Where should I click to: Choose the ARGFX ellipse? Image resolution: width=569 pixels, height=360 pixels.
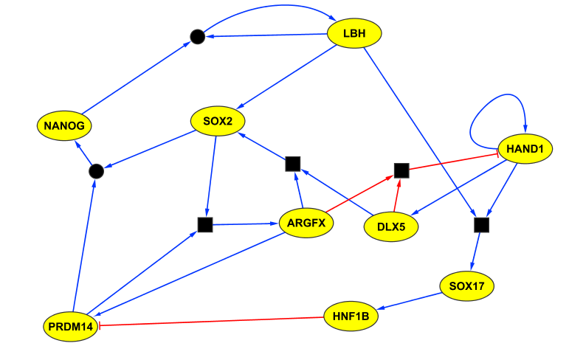306,223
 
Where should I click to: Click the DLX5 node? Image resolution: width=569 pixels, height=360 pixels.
391,226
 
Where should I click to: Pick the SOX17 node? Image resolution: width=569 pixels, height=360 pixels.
465,285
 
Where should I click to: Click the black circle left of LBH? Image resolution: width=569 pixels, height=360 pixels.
197,36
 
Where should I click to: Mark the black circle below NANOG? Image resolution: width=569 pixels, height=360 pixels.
95,171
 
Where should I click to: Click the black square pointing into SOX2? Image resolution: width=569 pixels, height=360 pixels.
292,164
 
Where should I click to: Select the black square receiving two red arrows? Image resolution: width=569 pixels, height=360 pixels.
401,170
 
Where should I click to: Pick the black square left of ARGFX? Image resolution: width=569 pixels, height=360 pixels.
205,224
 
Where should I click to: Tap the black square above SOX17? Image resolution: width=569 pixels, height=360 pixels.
481,224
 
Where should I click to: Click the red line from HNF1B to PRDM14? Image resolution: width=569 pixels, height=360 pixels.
214,321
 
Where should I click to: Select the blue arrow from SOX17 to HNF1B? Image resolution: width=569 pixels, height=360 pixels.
409,302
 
